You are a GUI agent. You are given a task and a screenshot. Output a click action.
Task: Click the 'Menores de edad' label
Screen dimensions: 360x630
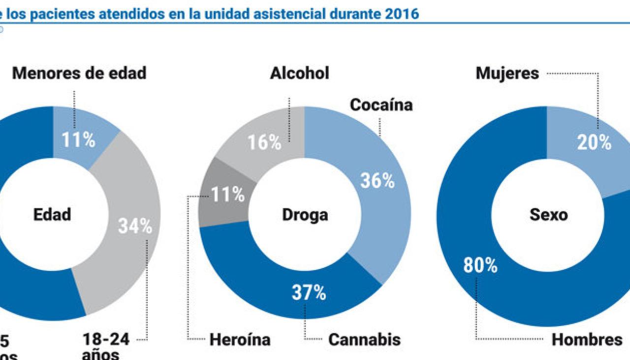pyautogui.click(x=79, y=73)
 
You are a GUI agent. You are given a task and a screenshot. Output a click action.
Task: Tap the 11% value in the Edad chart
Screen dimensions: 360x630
pyautogui.click(x=78, y=140)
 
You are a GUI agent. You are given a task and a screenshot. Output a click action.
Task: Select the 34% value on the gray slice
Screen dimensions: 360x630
pyautogui.click(x=135, y=226)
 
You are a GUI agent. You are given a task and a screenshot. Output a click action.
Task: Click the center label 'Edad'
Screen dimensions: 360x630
pyautogui.click(x=52, y=214)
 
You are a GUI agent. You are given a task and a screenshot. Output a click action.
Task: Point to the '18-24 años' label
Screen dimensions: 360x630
pyautogui.click(x=105, y=346)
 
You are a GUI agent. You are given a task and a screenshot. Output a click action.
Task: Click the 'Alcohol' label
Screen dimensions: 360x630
pyautogui.click(x=299, y=73)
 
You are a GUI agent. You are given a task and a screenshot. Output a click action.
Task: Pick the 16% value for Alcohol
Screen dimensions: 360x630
pyautogui.click(x=264, y=143)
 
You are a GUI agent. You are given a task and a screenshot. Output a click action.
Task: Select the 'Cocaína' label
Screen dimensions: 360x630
pyautogui.click(x=381, y=105)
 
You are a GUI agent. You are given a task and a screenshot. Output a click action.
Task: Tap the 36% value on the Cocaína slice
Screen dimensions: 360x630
pyautogui.click(x=378, y=180)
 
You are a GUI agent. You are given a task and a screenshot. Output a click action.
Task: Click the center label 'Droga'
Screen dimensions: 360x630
pyautogui.click(x=305, y=215)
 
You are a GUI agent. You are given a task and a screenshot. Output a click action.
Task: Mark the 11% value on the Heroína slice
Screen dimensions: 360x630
pyautogui.click(x=228, y=195)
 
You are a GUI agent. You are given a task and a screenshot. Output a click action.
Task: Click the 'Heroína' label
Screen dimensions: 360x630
pyautogui.click(x=240, y=340)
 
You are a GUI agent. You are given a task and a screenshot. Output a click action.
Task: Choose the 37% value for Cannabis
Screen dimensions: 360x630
pyautogui.click(x=309, y=293)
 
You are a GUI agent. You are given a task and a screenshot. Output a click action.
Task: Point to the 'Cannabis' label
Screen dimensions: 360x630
pyautogui.click(x=364, y=340)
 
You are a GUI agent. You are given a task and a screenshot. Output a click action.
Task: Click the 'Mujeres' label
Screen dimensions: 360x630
pyautogui.click(x=507, y=74)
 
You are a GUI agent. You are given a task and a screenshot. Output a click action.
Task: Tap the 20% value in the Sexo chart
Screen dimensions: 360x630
pyautogui.click(x=594, y=143)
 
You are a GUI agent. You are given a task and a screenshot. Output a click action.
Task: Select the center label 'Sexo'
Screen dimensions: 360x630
pyautogui.click(x=548, y=215)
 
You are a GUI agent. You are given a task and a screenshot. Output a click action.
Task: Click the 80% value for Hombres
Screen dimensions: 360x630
pyautogui.click(x=480, y=266)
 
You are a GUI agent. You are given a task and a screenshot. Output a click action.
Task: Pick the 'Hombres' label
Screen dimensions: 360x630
pyautogui.click(x=587, y=340)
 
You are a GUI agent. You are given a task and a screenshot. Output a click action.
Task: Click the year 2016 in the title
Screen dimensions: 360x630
pyautogui.click(x=402, y=13)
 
